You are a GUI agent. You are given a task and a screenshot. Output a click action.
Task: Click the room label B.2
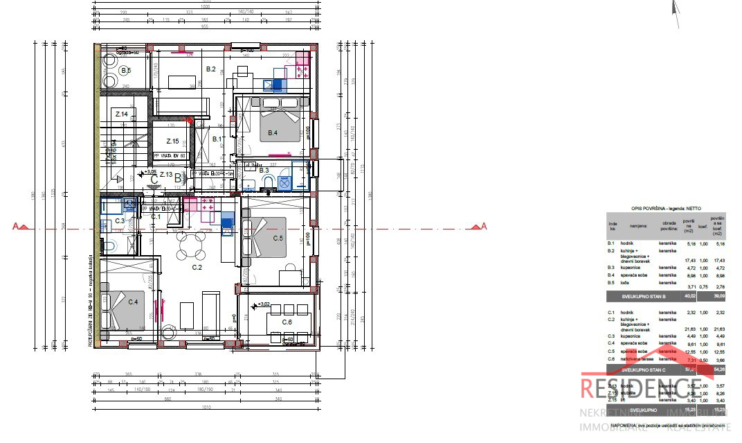(212, 69)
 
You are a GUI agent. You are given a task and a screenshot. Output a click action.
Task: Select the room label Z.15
(172, 141)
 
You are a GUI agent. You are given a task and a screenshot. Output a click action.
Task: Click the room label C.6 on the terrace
(287, 322)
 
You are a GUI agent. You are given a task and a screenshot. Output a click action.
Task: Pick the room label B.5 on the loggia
(125, 70)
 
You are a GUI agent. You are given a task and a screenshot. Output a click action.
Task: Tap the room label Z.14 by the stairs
(122, 114)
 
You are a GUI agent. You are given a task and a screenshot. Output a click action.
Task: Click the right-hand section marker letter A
(484, 226)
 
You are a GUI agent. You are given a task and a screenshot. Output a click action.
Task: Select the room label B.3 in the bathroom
(264, 170)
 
